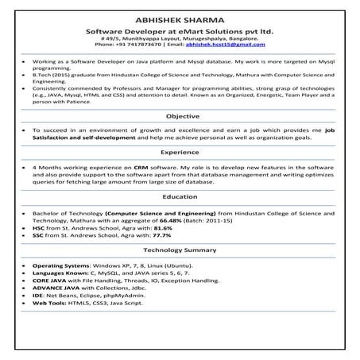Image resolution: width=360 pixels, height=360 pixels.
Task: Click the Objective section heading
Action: click(182, 115)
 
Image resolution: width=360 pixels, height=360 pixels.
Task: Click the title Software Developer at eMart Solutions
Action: click(180, 29)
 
